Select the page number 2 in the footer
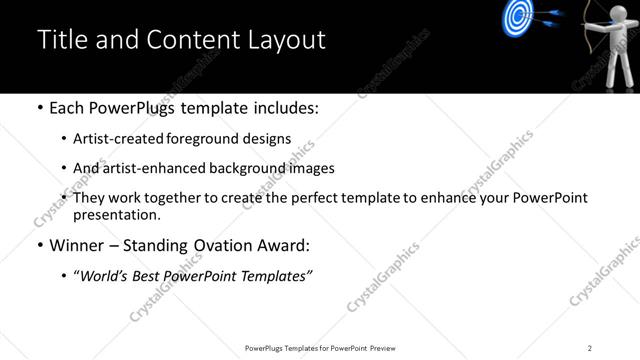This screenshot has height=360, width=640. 590,347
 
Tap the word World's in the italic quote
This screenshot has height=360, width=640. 104,276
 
